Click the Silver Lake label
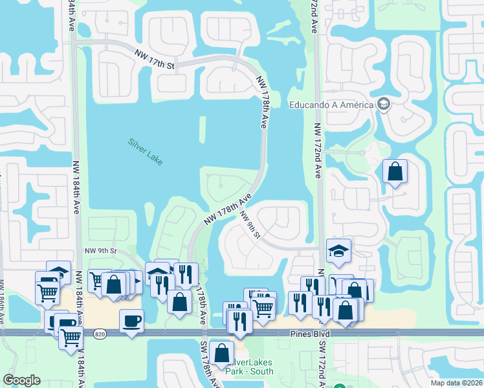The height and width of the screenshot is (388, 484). pyautogui.click(x=145, y=151)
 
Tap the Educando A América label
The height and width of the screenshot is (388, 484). pyautogui.click(x=332, y=105)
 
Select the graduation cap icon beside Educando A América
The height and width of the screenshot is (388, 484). pyautogui.click(x=383, y=105)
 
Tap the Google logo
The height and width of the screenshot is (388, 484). pyautogui.click(x=21, y=380)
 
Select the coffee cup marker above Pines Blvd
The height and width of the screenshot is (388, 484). pyautogui.click(x=131, y=320)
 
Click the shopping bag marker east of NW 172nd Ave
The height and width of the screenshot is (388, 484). pyautogui.click(x=395, y=171)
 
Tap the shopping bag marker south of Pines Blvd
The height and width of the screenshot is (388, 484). pyautogui.click(x=221, y=352)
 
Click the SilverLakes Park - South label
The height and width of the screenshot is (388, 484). pyautogui.click(x=248, y=367)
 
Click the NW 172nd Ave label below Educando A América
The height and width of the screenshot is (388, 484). pyautogui.click(x=317, y=151)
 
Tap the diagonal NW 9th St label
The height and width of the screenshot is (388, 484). pyautogui.click(x=250, y=224)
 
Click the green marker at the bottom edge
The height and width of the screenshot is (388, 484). pyautogui.click(x=339, y=387)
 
